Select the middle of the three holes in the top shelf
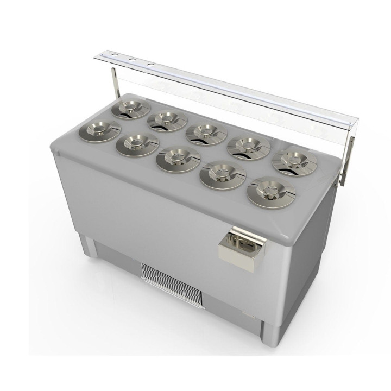pos(132,59)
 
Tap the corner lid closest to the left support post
pos(131,109)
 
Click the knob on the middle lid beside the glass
pos(205,130)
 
